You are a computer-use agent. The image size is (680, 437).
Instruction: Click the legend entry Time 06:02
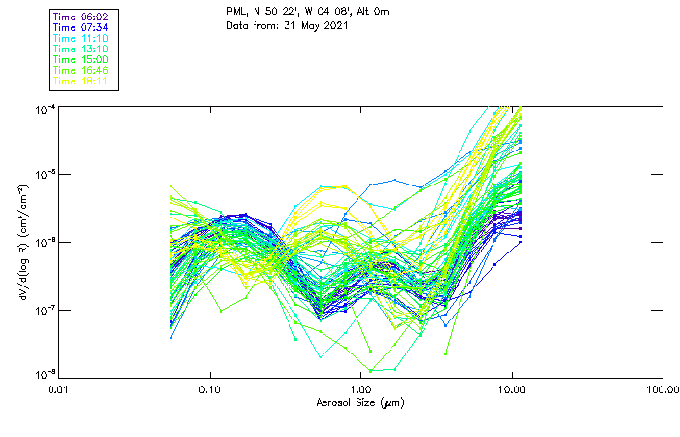pos(83,17)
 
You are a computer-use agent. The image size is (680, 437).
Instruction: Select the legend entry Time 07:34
pos(83,27)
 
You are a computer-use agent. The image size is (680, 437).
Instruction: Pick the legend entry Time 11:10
pos(83,38)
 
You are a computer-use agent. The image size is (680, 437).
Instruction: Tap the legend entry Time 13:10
pos(83,49)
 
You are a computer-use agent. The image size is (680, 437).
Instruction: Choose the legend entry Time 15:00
pos(83,59)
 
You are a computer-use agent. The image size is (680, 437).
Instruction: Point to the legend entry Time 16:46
pos(83,70)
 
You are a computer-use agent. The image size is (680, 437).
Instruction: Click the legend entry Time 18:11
pos(83,81)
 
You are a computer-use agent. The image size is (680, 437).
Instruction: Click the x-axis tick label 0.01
pos(59,390)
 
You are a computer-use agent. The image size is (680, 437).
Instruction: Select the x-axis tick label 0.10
pos(210,390)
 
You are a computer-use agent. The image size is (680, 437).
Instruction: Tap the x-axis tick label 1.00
pos(360,390)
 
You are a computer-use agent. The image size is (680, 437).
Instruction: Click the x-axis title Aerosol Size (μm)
pos(359,402)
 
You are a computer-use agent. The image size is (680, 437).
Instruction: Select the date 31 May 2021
pos(312,25)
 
